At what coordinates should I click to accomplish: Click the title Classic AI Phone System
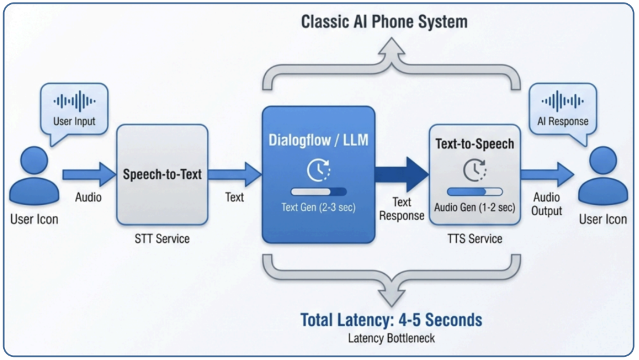point(384,22)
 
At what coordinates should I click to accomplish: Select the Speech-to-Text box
point(162,174)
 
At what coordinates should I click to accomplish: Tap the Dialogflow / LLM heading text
point(318,141)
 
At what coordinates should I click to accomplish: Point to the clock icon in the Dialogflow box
point(318,170)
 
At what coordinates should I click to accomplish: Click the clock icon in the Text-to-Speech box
point(474,170)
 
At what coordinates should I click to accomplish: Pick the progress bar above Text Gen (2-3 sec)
point(318,192)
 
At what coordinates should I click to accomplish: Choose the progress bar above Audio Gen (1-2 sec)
point(475,192)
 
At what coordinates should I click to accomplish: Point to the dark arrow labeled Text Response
point(402,174)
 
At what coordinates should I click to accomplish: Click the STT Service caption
point(162,238)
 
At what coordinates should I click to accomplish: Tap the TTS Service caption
point(474,238)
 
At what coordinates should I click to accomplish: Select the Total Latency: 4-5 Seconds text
point(391,320)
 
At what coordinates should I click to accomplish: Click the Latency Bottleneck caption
point(391,339)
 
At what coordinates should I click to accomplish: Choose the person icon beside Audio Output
point(602,178)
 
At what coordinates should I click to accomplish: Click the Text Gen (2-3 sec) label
point(318,207)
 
